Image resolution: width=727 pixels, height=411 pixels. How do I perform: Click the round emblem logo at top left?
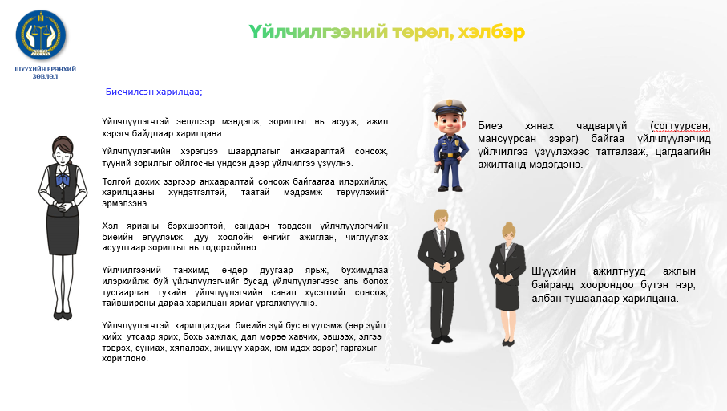(x=41, y=35)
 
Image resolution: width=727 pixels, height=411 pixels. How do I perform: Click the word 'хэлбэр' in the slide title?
(x=491, y=32)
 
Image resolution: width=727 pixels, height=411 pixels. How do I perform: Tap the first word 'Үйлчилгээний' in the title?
(x=318, y=32)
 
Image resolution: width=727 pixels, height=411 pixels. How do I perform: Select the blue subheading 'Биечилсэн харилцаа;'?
(x=154, y=92)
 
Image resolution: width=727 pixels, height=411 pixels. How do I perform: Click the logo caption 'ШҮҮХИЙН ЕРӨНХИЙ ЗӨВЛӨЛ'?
(x=45, y=73)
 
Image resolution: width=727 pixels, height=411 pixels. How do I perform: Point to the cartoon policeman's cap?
(x=449, y=108)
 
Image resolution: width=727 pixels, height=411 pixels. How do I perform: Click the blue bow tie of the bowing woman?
(x=63, y=179)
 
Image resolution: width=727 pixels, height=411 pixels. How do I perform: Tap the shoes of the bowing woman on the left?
(x=63, y=315)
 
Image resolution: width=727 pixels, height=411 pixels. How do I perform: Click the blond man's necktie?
(x=442, y=240)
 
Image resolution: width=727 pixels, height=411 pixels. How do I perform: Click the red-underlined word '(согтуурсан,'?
(x=681, y=126)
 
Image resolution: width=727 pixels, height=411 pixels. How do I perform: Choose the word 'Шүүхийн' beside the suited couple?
(x=553, y=271)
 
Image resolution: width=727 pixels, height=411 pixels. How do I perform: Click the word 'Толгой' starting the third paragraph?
(x=116, y=181)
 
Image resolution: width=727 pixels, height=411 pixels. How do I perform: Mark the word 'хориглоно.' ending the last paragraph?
(x=125, y=359)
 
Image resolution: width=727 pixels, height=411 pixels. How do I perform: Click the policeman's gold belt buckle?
(x=450, y=155)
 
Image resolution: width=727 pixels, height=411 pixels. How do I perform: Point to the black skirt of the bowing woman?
(x=63, y=234)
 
